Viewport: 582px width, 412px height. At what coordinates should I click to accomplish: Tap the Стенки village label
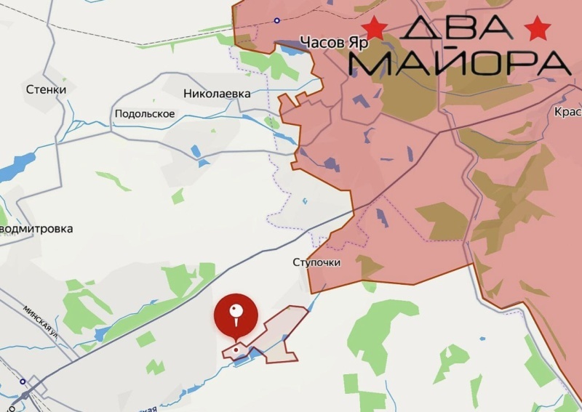[45, 89]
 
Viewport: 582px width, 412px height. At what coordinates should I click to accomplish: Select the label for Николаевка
[217, 94]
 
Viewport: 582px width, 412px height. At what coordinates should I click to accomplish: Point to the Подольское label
[145, 114]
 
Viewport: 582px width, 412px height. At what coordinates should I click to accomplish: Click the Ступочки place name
[316, 262]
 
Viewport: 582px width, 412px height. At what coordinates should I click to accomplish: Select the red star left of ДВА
[376, 28]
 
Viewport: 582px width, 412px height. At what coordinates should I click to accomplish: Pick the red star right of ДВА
[538, 28]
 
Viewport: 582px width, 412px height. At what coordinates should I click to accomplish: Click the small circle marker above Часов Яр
[276, 20]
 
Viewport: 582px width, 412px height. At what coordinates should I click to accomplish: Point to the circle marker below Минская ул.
[23, 381]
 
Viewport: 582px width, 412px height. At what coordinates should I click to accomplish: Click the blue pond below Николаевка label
[195, 152]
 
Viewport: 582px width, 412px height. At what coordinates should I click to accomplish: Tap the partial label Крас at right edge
[567, 112]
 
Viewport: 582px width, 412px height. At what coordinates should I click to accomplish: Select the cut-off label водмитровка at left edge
[36, 228]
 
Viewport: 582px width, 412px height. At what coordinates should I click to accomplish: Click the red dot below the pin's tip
[235, 350]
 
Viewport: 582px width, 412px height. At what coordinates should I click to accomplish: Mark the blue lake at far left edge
[12, 170]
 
